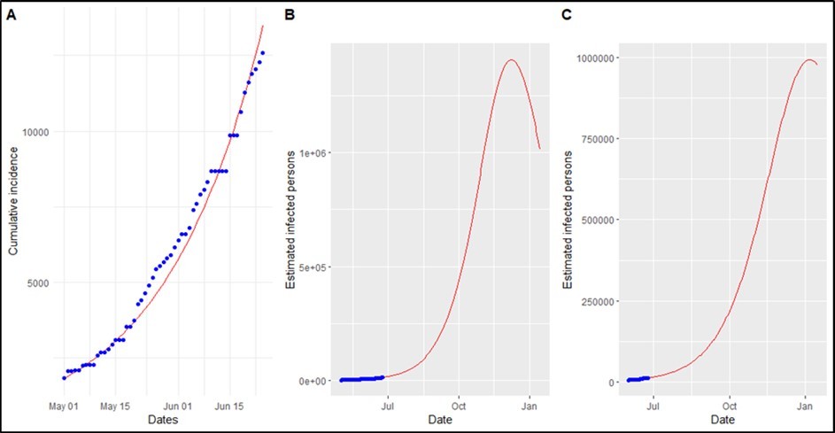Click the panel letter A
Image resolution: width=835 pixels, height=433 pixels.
[x=12, y=15]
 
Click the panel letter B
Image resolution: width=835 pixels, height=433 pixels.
[x=288, y=15]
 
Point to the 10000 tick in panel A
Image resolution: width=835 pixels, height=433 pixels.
[x=35, y=132]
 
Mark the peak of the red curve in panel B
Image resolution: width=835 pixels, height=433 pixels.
[x=510, y=60]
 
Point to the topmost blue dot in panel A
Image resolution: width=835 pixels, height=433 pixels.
[x=262, y=53]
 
